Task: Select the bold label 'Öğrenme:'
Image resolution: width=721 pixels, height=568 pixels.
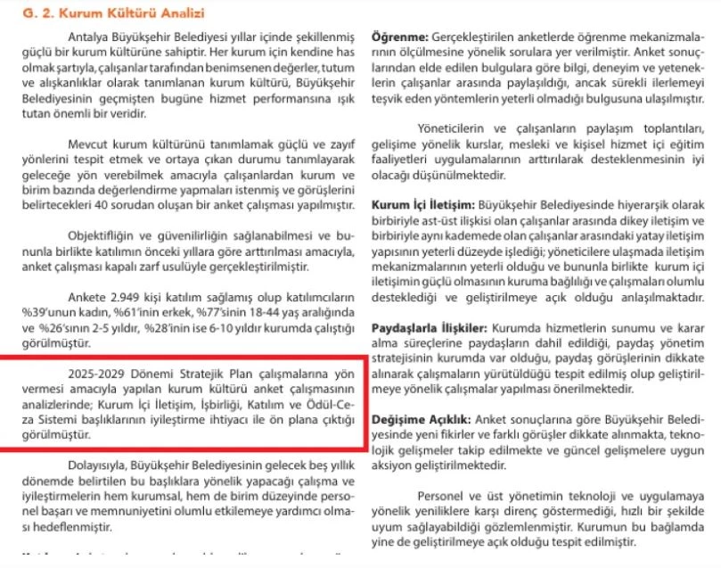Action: coord(399,40)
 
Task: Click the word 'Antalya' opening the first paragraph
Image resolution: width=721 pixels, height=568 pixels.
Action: coord(88,35)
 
